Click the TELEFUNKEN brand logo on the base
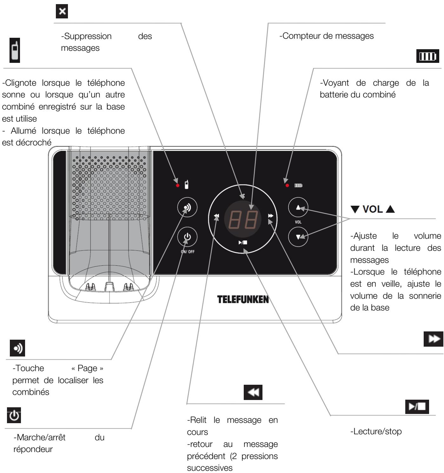click(243, 299)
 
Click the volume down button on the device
click(298, 236)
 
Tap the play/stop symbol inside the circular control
click(243, 243)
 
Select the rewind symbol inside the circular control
click(216, 216)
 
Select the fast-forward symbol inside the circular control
click(270, 216)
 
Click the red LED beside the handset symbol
click(178, 185)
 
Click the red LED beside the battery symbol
click(287, 185)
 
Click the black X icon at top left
click(62, 12)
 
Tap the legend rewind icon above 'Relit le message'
click(253, 392)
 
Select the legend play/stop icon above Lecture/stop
click(417, 407)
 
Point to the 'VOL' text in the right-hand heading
click(373, 209)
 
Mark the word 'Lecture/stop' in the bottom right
click(376, 431)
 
